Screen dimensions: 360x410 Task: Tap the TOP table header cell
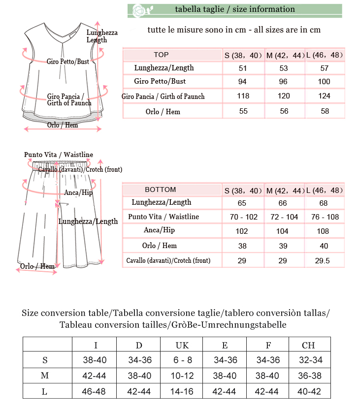point(161,55)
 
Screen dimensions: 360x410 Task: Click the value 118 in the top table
point(243,96)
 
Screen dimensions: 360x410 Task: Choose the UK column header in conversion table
point(182,345)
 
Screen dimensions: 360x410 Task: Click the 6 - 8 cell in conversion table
point(182,360)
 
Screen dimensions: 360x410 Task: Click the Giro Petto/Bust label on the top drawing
point(68,62)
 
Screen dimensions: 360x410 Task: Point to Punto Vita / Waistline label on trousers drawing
point(59,155)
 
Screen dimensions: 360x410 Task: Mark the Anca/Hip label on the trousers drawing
point(78,192)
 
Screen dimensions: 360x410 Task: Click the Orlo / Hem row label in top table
point(163,112)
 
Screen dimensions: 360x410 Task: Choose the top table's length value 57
point(324,68)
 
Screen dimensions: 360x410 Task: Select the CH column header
point(308,345)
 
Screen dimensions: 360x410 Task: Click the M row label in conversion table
point(45,376)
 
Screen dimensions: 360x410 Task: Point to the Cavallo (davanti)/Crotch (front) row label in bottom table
point(168,260)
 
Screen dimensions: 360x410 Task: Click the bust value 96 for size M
point(284,82)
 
